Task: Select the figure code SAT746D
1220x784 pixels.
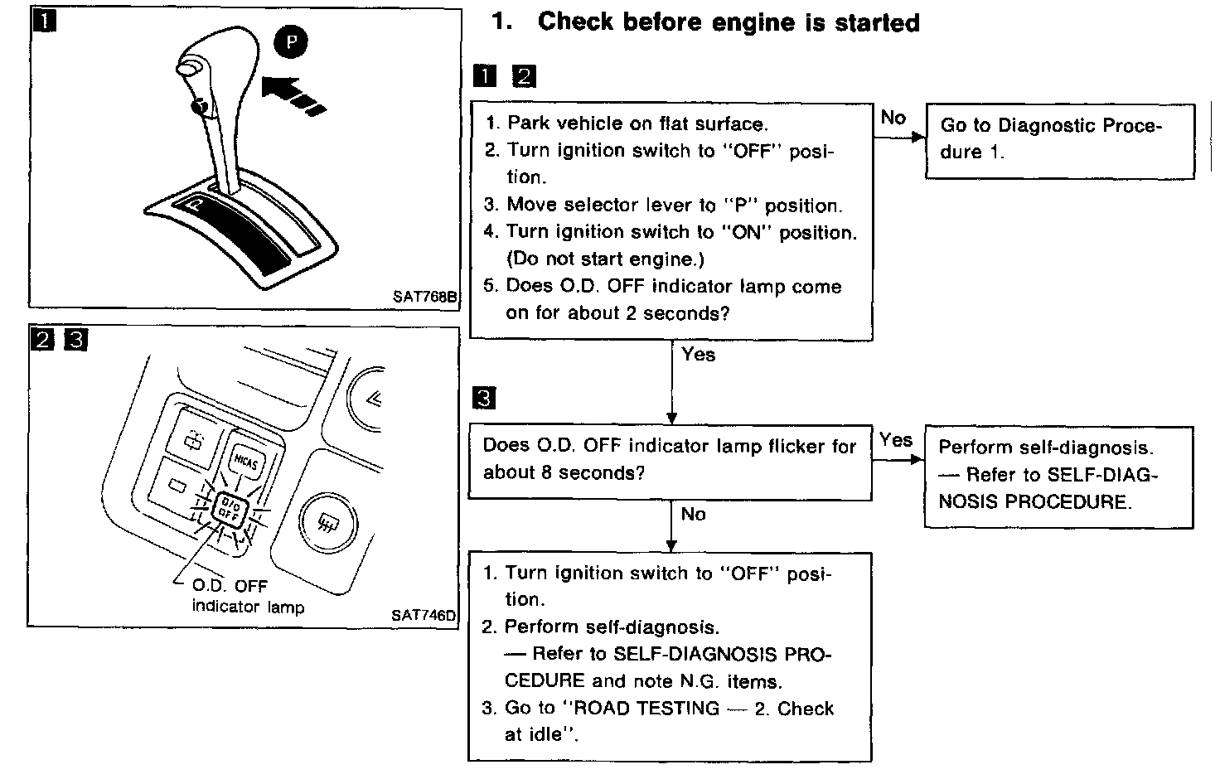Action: (424, 615)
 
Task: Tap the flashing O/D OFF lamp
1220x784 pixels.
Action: (227, 508)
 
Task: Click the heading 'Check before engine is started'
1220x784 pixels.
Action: (729, 22)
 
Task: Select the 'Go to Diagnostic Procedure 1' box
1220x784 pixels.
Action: (1059, 139)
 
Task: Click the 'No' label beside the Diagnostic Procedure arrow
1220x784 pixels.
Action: (893, 118)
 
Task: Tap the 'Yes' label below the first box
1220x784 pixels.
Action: (698, 354)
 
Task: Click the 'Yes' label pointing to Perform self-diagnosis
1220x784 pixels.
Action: (895, 439)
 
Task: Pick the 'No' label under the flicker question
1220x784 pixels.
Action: (693, 514)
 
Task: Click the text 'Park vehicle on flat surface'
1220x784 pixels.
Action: (637, 123)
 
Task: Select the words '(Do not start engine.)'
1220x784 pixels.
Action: (605, 259)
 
